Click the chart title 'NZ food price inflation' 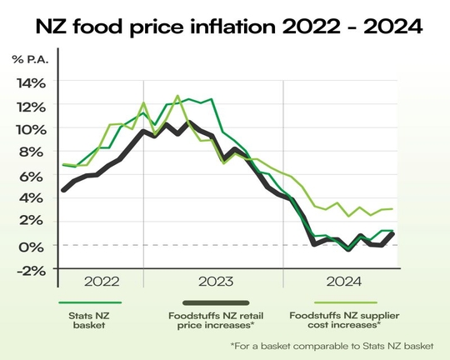[x=224, y=27]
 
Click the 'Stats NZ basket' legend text [x=91, y=322]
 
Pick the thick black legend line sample [x=216, y=303]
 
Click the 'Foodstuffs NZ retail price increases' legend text [x=215, y=322]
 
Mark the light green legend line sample [x=341, y=303]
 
